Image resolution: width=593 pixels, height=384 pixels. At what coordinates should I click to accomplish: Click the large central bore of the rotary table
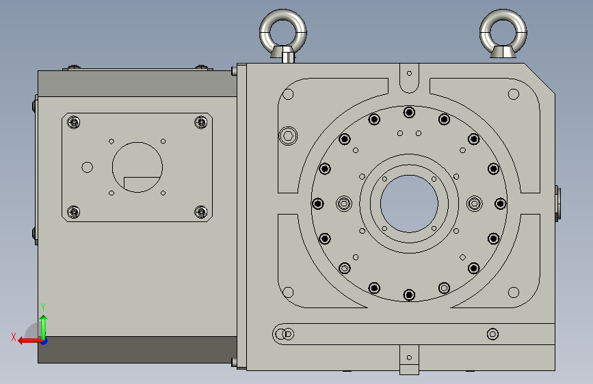pyautogui.click(x=409, y=204)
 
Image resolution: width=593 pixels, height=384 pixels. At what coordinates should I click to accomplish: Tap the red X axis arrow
pyautogui.click(x=29, y=341)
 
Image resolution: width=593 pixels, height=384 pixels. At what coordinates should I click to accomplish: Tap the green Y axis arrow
pyautogui.click(x=44, y=326)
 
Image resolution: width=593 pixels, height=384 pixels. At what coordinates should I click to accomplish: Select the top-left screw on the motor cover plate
pyautogui.click(x=74, y=122)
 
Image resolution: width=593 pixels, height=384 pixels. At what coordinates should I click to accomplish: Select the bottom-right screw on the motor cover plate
pyautogui.click(x=201, y=212)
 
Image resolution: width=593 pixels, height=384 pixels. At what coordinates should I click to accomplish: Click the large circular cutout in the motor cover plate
pyautogui.click(x=137, y=167)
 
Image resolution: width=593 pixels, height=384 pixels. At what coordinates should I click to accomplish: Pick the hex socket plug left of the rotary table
pyautogui.click(x=288, y=136)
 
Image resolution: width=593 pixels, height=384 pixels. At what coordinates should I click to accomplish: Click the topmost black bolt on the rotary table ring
pyautogui.click(x=409, y=112)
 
